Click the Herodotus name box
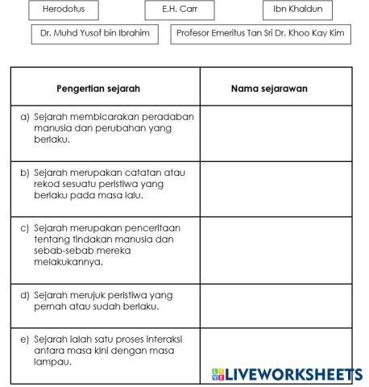62,10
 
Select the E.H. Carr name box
180,10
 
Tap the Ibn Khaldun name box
297,10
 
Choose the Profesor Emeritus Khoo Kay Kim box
261,35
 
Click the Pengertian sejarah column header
105,87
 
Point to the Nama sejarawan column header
275,87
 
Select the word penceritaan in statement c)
155,228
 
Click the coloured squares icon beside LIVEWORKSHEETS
217,375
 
